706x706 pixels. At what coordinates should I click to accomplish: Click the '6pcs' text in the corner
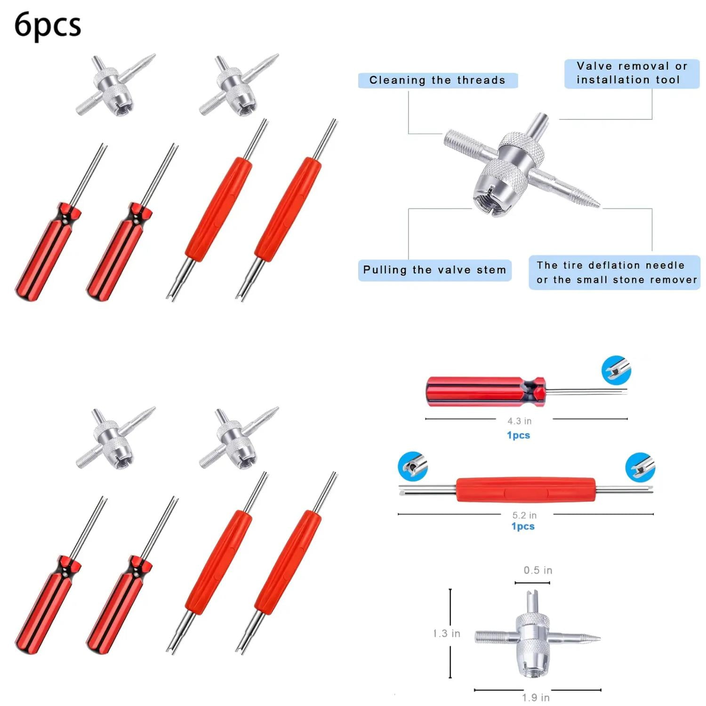tap(48, 25)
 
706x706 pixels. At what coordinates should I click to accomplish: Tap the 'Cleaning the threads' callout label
tap(437, 80)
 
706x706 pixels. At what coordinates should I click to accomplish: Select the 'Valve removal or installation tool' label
tap(632, 73)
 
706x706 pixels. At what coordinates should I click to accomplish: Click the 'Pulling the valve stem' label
tap(434, 270)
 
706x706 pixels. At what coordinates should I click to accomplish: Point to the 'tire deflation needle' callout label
tap(614, 273)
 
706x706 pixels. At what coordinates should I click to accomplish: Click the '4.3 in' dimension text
tap(520, 421)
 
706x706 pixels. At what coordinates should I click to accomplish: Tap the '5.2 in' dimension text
tap(524, 515)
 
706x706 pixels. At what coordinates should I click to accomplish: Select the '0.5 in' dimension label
tap(538, 570)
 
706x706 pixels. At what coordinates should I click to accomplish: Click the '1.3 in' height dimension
tap(446, 634)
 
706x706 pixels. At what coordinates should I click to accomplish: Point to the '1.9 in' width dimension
tap(536, 698)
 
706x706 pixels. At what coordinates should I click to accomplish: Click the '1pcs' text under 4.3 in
tap(518, 435)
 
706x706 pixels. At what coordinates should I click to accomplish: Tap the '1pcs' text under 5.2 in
tap(523, 526)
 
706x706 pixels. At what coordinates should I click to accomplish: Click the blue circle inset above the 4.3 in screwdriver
tap(616, 370)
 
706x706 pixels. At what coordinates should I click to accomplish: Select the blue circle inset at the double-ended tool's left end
tap(413, 466)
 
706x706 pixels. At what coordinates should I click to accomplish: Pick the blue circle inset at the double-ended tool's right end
tap(640, 467)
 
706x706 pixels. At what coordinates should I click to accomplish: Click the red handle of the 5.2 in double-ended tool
tap(525, 490)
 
